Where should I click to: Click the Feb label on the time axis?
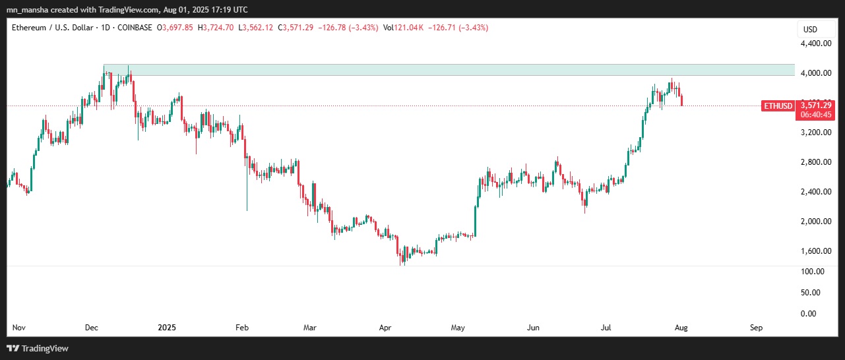[x=242, y=327]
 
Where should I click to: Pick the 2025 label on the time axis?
[x=168, y=327]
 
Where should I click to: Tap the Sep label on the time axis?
[x=757, y=327]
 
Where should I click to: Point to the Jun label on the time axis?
[x=534, y=327]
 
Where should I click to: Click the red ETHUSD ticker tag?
[x=778, y=105]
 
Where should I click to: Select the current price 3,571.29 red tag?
[x=816, y=105]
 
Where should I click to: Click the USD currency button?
[x=809, y=29]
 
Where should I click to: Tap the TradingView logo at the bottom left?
[x=38, y=348]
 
